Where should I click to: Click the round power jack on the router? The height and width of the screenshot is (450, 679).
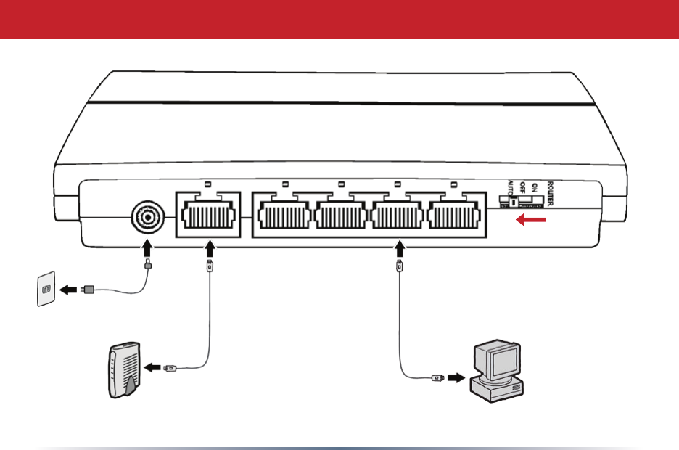pyautogui.click(x=147, y=216)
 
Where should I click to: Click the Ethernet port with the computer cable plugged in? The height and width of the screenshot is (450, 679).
pyautogui.click(x=399, y=216)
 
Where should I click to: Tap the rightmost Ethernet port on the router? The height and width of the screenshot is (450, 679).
pyautogui.click(x=456, y=216)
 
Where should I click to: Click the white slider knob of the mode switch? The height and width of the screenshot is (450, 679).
pyautogui.click(x=514, y=203)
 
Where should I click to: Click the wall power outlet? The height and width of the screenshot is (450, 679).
pyautogui.click(x=46, y=289)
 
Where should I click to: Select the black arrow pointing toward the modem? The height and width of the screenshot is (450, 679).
pyautogui.click(x=152, y=368)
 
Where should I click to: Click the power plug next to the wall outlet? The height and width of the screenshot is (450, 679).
pyautogui.click(x=88, y=290)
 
